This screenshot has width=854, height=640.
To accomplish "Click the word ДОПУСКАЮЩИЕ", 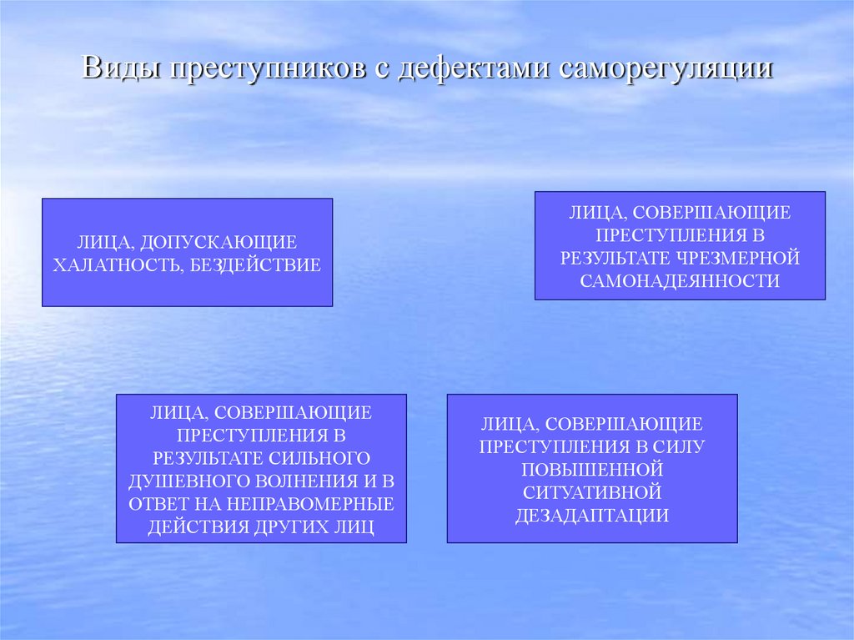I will click(218, 243).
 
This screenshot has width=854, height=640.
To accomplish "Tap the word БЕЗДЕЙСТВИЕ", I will click(262, 265).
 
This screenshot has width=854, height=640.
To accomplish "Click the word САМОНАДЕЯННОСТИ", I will click(680, 281).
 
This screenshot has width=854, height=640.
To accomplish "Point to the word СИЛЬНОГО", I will click(319, 458).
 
